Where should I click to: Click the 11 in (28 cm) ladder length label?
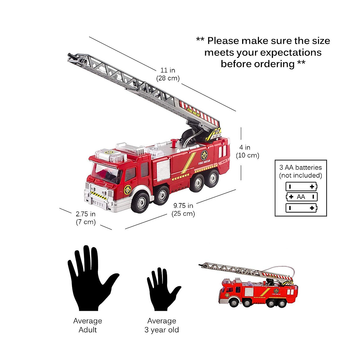[x=168, y=74]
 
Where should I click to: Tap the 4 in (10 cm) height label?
[x=247, y=151]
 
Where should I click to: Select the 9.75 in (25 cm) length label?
[x=183, y=209]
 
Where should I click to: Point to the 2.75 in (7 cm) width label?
[x=85, y=218]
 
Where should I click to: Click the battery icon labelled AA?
[x=301, y=197]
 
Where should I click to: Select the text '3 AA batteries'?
[x=300, y=167]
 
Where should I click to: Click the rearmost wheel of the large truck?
[x=212, y=177]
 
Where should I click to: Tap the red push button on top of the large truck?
[x=173, y=142]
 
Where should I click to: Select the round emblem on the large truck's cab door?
[x=128, y=189]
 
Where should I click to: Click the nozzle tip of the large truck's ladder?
[x=70, y=56]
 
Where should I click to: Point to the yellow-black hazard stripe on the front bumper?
[x=99, y=195]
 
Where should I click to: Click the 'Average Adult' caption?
[x=88, y=325]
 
